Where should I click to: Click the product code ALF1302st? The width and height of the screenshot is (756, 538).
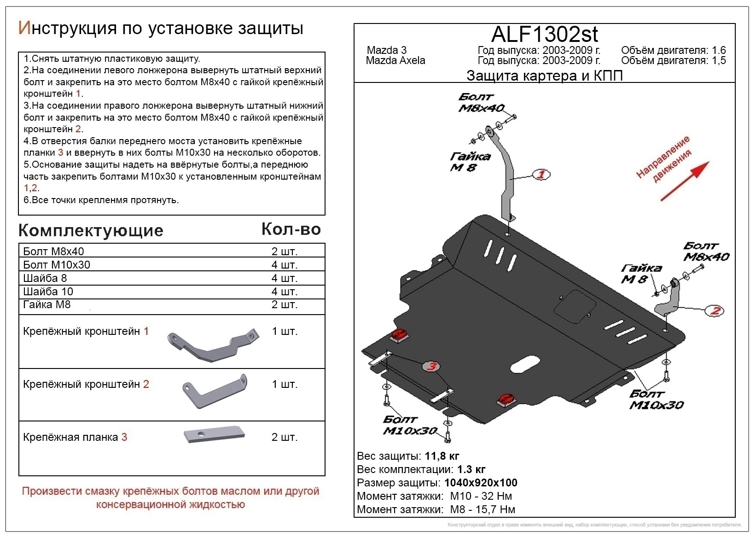(545, 34)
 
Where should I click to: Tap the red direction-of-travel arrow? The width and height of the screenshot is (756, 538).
(685, 181)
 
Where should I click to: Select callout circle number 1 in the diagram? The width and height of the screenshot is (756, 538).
(541, 175)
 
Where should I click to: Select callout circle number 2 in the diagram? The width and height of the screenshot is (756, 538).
(715, 311)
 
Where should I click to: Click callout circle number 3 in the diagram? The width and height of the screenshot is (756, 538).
(431, 366)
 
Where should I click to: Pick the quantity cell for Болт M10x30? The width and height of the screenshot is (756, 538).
(284, 265)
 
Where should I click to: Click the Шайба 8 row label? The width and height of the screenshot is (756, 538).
(45, 278)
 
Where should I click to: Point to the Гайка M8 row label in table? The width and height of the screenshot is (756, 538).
(47, 304)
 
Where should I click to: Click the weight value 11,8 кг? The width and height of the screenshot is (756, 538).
(442, 456)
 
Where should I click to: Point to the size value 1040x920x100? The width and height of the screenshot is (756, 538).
(480, 483)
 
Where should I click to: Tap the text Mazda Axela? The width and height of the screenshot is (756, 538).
(395, 61)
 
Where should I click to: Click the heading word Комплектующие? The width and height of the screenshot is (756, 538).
(91, 230)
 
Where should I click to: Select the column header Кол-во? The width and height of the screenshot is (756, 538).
(291, 229)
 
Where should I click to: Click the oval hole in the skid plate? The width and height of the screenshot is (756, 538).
(525, 364)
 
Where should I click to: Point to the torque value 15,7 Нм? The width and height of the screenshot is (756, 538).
(494, 509)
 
